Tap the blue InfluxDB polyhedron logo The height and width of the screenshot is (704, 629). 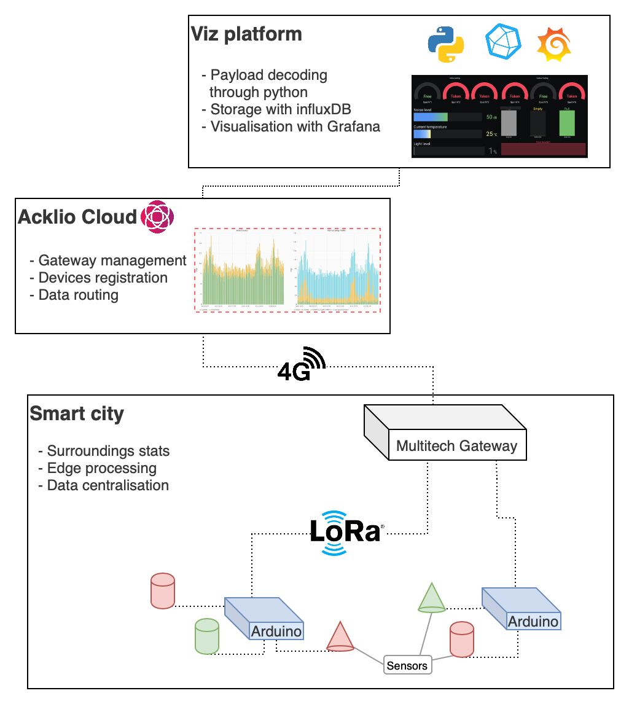(x=503, y=41)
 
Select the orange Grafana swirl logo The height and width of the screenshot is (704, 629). (x=554, y=44)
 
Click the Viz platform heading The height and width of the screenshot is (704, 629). (x=246, y=34)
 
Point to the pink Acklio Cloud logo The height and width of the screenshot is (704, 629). (x=158, y=217)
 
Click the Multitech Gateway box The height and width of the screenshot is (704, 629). (x=447, y=432)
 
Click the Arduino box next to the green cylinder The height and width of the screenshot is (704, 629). (x=264, y=618)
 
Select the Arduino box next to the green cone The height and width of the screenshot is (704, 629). (x=522, y=609)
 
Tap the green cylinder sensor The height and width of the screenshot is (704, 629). (x=207, y=636)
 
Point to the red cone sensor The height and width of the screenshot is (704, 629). (x=340, y=636)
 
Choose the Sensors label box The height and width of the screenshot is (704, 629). (x=407, y=666)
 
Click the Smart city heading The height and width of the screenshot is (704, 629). (x=77, y=414)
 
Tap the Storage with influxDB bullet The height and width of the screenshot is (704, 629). (x=276, y=109)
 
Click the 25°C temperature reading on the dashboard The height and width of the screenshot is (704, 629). (x=491, y=134)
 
